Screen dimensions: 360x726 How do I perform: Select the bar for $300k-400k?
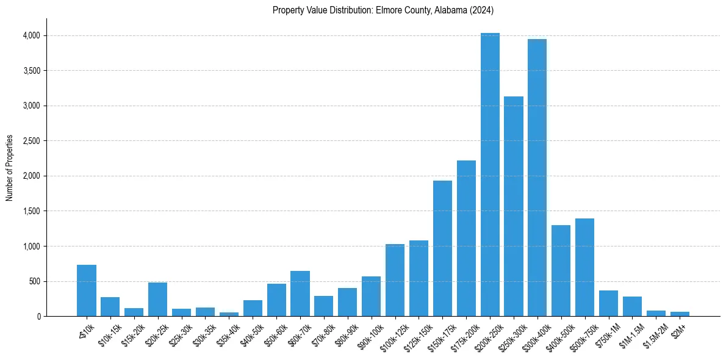[x=537, y=178]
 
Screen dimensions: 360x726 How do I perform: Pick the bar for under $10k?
[x=87, y=290]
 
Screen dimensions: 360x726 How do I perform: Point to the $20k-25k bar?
[x=157, y=299]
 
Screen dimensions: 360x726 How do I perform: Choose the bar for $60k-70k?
[x=300, y=293]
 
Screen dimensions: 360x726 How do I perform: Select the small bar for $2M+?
[x=680, y=314]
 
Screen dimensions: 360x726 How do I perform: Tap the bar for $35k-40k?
[x=229, y=314]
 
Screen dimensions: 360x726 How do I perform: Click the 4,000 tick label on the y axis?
[x=31, y=36]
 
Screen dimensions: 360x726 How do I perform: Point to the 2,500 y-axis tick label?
[x=31, y=141]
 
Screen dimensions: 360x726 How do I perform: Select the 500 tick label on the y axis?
[x=34, y=282]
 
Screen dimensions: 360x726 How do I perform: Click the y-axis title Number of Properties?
[x=10, y=167]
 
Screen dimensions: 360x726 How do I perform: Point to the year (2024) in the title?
[x=482, y=10]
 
